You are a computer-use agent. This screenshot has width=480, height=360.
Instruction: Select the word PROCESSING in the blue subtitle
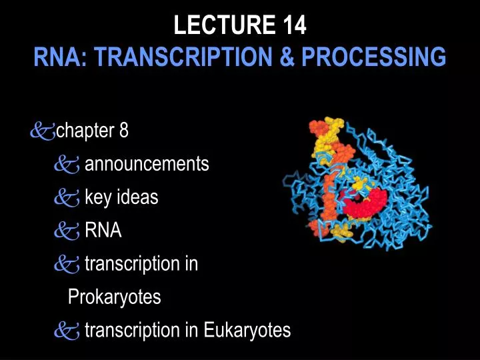374,57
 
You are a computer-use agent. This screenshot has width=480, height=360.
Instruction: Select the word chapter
85,131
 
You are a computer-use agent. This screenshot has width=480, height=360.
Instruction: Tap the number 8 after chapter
124,131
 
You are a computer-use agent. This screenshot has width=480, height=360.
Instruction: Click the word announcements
147,164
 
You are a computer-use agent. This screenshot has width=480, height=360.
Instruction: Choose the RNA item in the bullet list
103,231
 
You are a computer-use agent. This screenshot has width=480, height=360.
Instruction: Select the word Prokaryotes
115,297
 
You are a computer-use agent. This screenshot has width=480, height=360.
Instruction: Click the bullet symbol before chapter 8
41,131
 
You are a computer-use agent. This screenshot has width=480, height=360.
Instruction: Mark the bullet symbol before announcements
67,165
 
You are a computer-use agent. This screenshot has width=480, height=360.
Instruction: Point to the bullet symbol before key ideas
67,198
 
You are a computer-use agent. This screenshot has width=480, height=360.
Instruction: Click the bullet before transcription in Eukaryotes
67,331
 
